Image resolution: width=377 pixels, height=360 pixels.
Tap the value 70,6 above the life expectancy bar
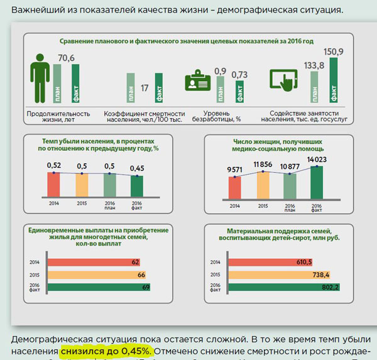(66, 58)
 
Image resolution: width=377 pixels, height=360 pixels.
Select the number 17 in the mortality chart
(145, 88)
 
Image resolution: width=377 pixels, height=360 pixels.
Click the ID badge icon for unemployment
(198, 82)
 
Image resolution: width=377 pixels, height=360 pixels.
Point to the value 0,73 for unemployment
(239, 75)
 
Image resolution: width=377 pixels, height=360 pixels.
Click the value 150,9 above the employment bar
(334, 51)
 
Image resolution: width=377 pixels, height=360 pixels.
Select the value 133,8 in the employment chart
(314, 65)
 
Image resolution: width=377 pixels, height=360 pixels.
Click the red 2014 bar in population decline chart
(54, 185)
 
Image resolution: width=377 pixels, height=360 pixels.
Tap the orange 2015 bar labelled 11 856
(263, 185)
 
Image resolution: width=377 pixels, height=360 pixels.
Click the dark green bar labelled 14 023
(317, 182)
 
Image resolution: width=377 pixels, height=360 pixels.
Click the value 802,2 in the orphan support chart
(329, 287)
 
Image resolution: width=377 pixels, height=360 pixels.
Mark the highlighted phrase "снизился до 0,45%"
(106, 350)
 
